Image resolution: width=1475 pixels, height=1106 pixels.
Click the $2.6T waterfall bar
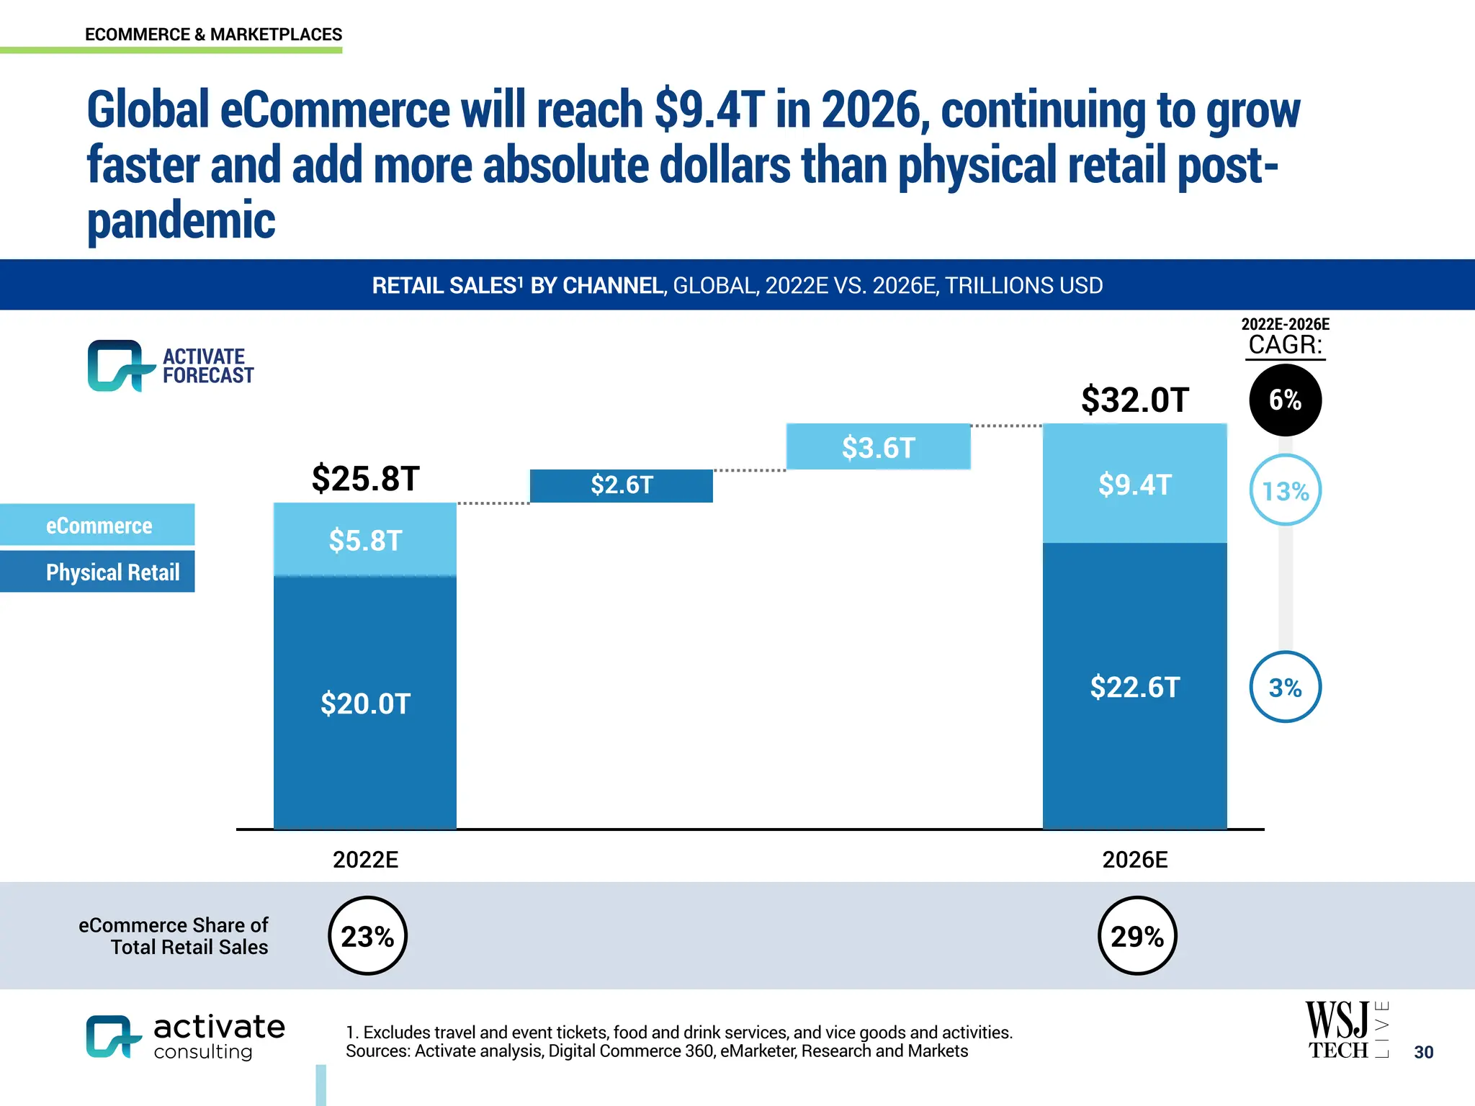tap(621, 485)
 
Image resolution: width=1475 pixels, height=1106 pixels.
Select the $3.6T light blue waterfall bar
tap(878, 447)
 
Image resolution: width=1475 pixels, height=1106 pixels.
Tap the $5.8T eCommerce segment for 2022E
tap(365, 540)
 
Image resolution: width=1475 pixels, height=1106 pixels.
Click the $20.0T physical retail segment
tap(365, 703)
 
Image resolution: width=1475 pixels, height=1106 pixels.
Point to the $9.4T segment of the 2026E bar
tap(1134, 484)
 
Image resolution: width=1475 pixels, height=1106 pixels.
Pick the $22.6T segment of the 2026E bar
tap(1134, 686)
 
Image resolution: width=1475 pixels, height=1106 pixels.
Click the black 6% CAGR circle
tap(1285, 400)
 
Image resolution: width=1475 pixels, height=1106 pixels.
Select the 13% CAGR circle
tap(1285, 490)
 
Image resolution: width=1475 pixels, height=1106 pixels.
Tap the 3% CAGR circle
tap(1285, 687)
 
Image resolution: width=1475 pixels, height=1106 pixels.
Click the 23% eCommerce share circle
tap(367, 936)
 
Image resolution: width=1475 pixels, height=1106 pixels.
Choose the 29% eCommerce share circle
tap(1136, 936)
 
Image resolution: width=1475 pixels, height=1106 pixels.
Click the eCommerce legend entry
tap(98, 525)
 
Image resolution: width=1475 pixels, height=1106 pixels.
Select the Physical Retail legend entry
tap(98, 572)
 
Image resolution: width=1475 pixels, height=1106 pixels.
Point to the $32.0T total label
tap(1134, 400)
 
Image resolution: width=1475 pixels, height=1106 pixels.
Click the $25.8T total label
tap(365, 478)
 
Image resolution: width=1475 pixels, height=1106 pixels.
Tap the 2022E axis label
tap(365, 860)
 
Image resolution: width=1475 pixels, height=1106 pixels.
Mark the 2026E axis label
tap(1134, 860)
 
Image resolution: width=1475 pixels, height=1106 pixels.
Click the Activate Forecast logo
tap(170, 366)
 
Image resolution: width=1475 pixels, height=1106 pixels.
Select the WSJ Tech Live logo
tap(1345, 1030)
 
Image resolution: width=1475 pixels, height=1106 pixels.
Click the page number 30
tap(1423, 1052)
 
